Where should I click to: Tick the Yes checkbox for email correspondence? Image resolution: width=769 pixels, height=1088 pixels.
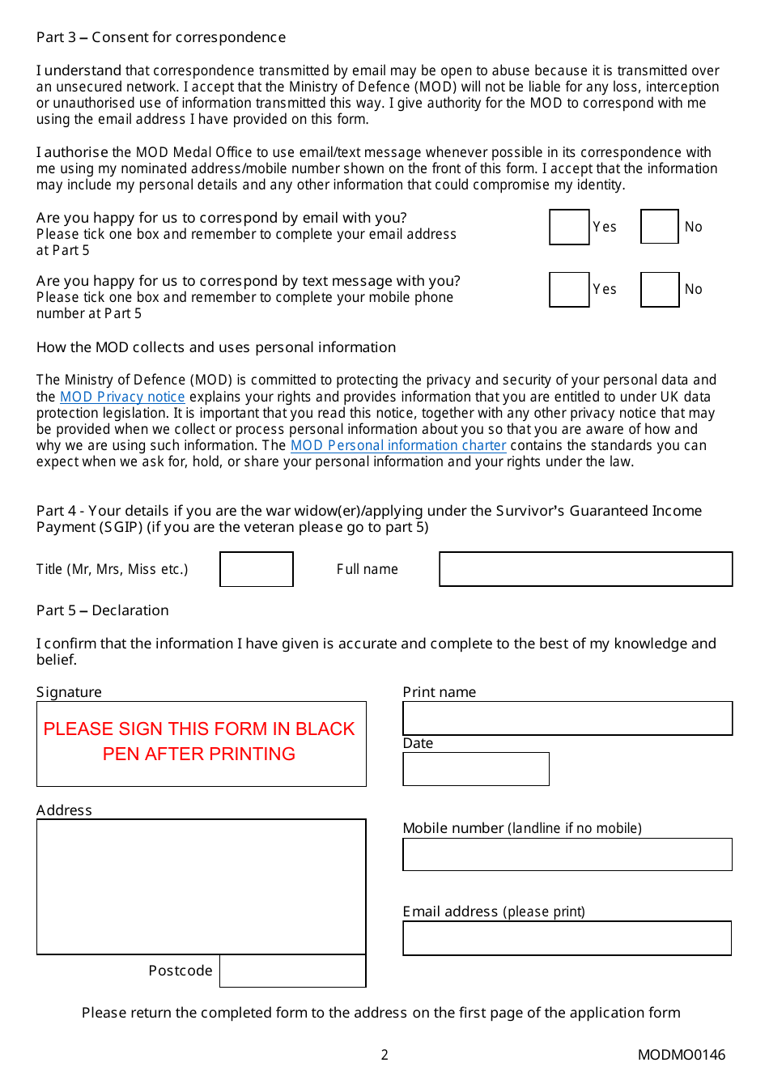point(569,227)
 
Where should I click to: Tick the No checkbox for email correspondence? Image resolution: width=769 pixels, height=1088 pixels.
point(659,227)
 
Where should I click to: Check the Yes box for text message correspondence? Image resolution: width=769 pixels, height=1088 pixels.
point(569,289)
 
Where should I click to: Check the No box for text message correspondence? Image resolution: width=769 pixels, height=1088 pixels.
point(659,289)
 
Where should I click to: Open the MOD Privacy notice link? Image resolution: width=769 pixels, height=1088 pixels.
point(122,397)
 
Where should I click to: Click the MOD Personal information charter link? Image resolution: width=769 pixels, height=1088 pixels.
point(398,445)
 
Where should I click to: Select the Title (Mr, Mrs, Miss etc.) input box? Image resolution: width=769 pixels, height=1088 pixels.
point(257,569)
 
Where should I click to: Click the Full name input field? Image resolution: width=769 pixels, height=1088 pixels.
point(585,569)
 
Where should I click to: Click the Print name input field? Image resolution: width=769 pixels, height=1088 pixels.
point(567,718)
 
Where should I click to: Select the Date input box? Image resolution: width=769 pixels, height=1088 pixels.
point(476,769)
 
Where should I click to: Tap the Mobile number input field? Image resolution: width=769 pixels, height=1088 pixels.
point(567,854)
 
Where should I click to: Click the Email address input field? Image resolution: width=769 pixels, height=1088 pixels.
point(567,938)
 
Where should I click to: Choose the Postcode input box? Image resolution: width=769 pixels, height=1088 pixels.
point(292,971)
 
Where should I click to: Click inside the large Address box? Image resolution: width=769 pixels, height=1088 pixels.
point(201,886)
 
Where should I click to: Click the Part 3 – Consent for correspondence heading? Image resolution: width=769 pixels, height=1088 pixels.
point(161,37)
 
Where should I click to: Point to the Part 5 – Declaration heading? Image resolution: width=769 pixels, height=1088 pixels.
point(103,610)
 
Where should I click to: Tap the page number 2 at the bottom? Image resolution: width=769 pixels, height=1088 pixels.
point(384,1055)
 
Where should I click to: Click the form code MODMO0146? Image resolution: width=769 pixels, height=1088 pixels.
point(682,1055)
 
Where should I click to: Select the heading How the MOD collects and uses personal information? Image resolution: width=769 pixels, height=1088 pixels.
point(216,347)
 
